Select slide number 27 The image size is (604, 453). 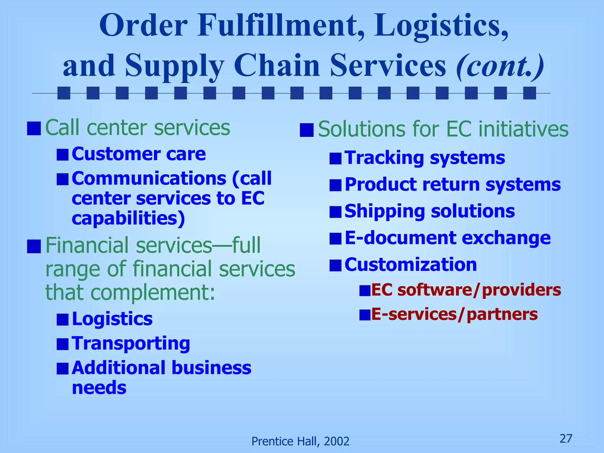point(566,439)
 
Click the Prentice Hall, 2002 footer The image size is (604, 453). point(300,441)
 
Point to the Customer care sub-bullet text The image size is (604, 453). point(139,154)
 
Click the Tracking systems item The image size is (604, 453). point(425,158)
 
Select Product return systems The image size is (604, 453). point(453,185)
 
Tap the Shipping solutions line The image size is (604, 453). point(429,211)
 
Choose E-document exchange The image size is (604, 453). point(447,238)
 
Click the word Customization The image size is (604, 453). point(411,265)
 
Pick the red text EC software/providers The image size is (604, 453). point(466,290)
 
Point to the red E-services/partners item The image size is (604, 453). point(454,314)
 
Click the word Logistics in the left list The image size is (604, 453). point(112,319)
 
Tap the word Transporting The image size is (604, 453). point(131,344)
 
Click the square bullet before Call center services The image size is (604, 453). point(34,129)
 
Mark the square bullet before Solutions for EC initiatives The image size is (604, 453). point(306,130)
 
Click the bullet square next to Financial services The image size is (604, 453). point(34,247)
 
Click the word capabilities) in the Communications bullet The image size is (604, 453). point(128,218)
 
